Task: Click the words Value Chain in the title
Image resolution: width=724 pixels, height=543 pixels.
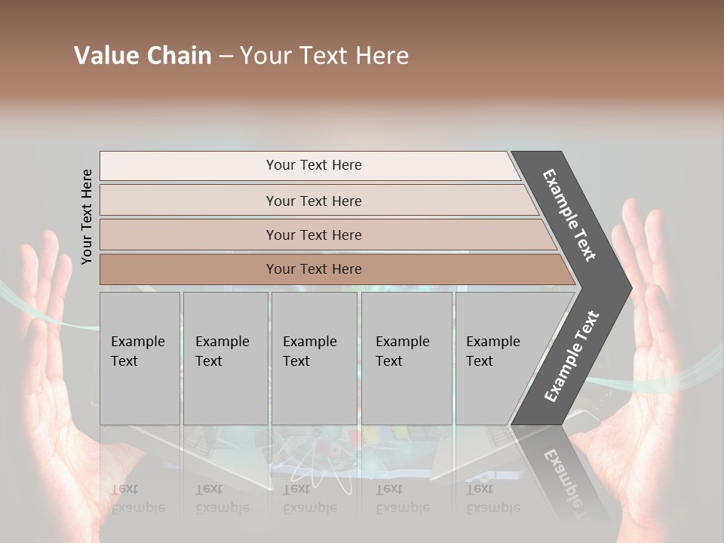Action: click(x=143, y=56)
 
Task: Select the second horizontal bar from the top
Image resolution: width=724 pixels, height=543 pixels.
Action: click(x=313, y=201)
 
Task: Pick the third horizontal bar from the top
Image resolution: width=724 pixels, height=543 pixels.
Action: click(x=313, y=235)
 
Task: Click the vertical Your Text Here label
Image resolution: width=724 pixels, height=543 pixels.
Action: click(x=87, y=216)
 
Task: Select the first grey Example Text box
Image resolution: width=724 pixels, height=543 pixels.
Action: click(x=140, y=358)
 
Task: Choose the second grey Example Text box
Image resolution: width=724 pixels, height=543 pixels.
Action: click(x=225, y=358)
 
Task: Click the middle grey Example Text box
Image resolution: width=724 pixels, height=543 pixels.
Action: click(x=314, y=358)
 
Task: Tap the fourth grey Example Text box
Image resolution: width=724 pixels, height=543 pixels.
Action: click(x=406, y=358)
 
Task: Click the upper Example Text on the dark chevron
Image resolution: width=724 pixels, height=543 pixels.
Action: click(x=569, y=215)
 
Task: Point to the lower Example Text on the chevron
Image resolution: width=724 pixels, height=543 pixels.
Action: click(x=571, y=357)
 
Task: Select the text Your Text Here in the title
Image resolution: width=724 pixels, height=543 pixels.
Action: click(x=324, y=56)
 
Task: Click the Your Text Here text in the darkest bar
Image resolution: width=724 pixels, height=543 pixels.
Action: click(x=314, y=269)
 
